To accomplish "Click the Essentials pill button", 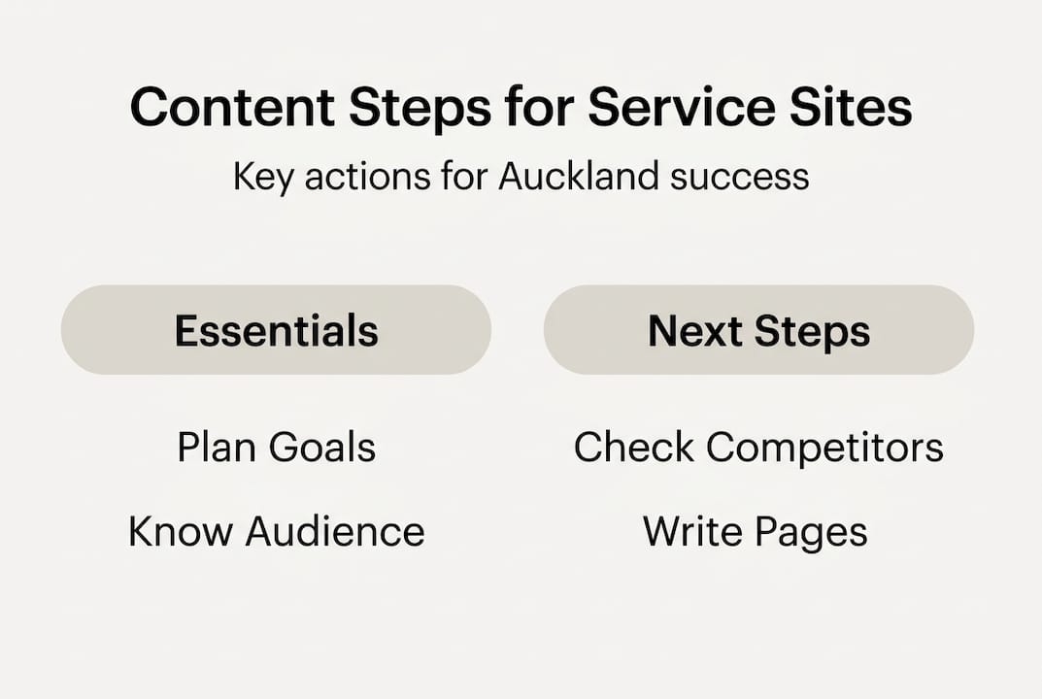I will click(x=276, y=331).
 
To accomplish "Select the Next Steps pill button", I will click(x=758, y=331).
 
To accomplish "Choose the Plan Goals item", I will click(x=276, y=449).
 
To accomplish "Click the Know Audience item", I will click(x=276, y=532).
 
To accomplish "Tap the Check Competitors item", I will click(x=758, y=449).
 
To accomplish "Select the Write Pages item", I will click(x=755, y=532).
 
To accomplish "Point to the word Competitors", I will click(x=824, y=449).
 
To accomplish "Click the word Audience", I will click(x=334, y=532).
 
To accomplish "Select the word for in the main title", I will click(x=542, y=108).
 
